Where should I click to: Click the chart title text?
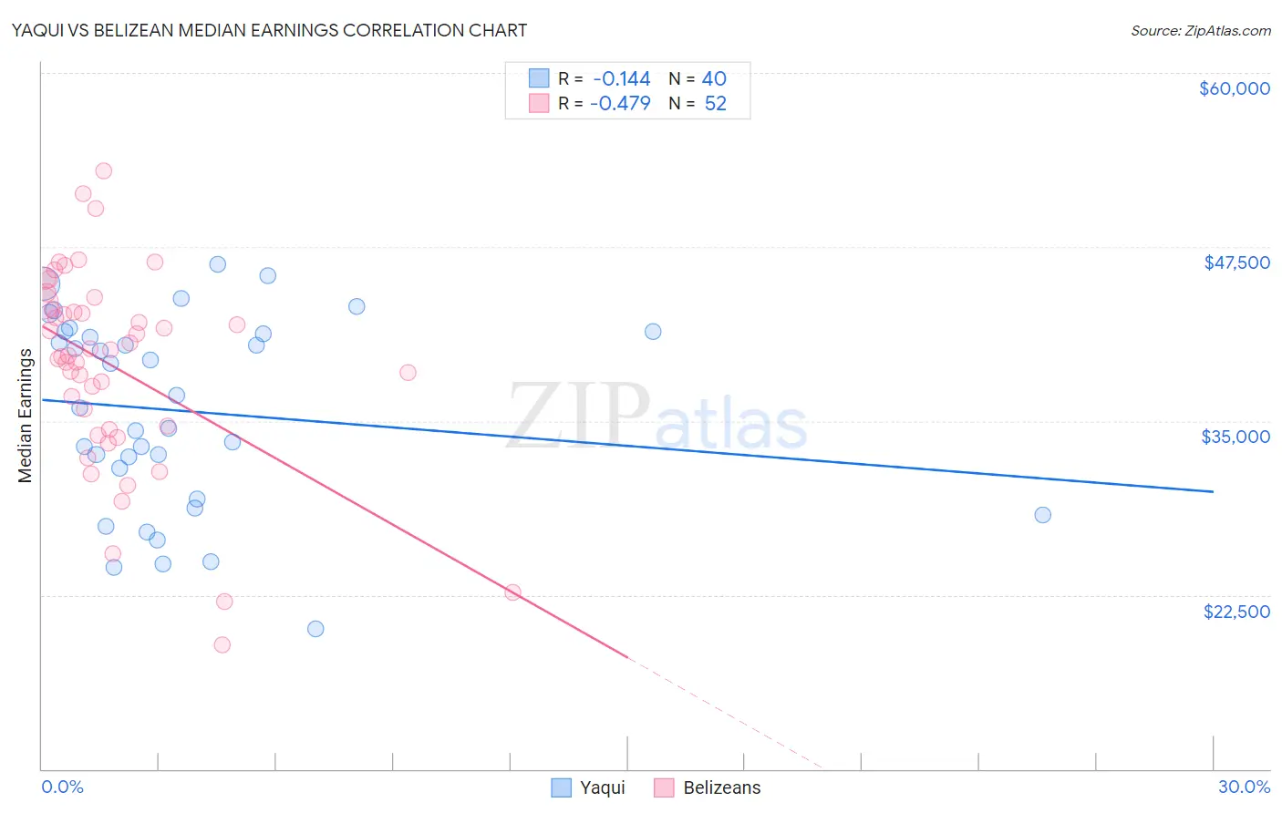click(268, 30)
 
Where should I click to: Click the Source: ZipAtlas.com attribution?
click(1200, 31)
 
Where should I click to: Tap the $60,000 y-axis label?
click(1234, 88)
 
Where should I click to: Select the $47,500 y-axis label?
click(1236, 262)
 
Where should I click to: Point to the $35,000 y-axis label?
click(1235, 437)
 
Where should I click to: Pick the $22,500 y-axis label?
click(1236, 612)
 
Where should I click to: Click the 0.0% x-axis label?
click(62, 787)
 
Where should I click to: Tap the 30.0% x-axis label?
click(1244, 787)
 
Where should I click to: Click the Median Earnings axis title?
click(25, 416)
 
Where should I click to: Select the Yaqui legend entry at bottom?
click(602, 787)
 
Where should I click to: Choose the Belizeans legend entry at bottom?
click(721, 787)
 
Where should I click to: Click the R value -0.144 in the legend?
click(621, 79)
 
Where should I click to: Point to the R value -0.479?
click(620, 104)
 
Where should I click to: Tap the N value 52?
click(715, 104)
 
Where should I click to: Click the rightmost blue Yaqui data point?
click(1042, 515)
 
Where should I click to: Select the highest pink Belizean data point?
click(104, 171)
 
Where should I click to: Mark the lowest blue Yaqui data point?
click(315, 629)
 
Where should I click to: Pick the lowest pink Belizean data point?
click(222, 645)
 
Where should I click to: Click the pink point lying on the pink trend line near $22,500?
click(512, 592)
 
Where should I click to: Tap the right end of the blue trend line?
click(1213, 491)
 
